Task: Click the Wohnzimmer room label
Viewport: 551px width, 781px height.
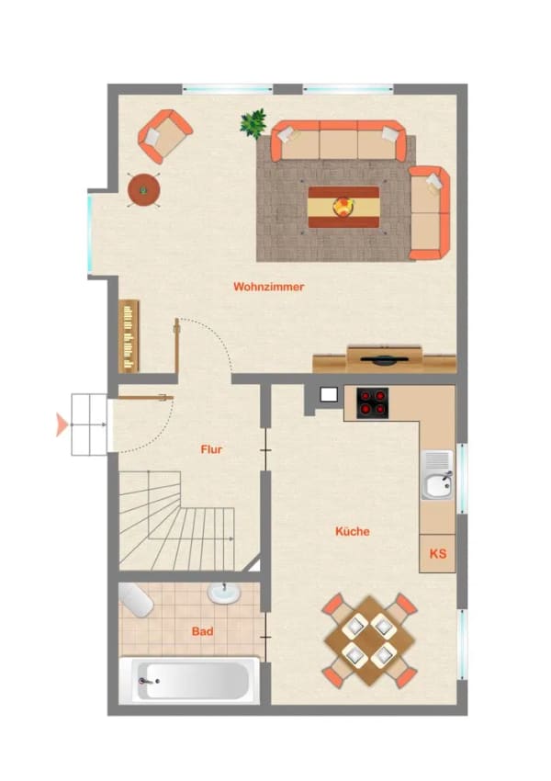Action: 268,287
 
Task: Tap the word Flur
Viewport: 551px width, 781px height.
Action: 211,449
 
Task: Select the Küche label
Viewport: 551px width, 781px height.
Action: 353,531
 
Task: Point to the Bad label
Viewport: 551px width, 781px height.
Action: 203,631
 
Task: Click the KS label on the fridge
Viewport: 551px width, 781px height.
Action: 438,553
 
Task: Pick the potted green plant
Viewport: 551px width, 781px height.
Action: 253,123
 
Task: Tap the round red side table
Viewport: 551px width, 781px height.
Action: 144,190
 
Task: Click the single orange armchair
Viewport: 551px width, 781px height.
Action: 165,136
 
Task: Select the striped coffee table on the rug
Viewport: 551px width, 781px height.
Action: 343,207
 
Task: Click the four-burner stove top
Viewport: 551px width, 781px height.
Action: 372,402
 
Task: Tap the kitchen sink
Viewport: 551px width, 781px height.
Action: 437,475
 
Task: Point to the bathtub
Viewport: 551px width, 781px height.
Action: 190,680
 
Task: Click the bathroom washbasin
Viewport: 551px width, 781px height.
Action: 224,593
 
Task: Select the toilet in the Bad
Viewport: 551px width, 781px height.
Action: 135,600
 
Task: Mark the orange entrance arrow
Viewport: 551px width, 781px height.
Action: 62,424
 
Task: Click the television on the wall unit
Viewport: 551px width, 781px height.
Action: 385,360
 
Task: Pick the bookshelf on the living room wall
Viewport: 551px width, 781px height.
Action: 129,335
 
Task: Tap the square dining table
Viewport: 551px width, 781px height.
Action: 369,640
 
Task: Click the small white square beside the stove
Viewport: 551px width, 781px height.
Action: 329,395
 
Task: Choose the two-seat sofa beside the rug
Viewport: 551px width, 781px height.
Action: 430,212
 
